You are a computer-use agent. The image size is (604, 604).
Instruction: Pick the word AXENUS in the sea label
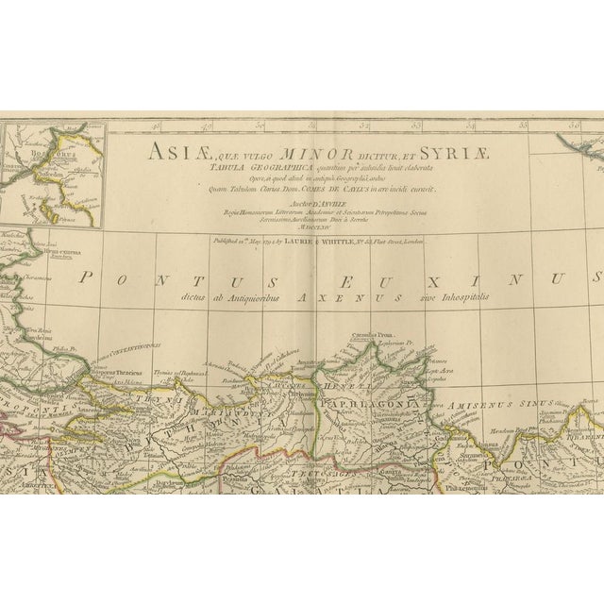click(353, 294)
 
